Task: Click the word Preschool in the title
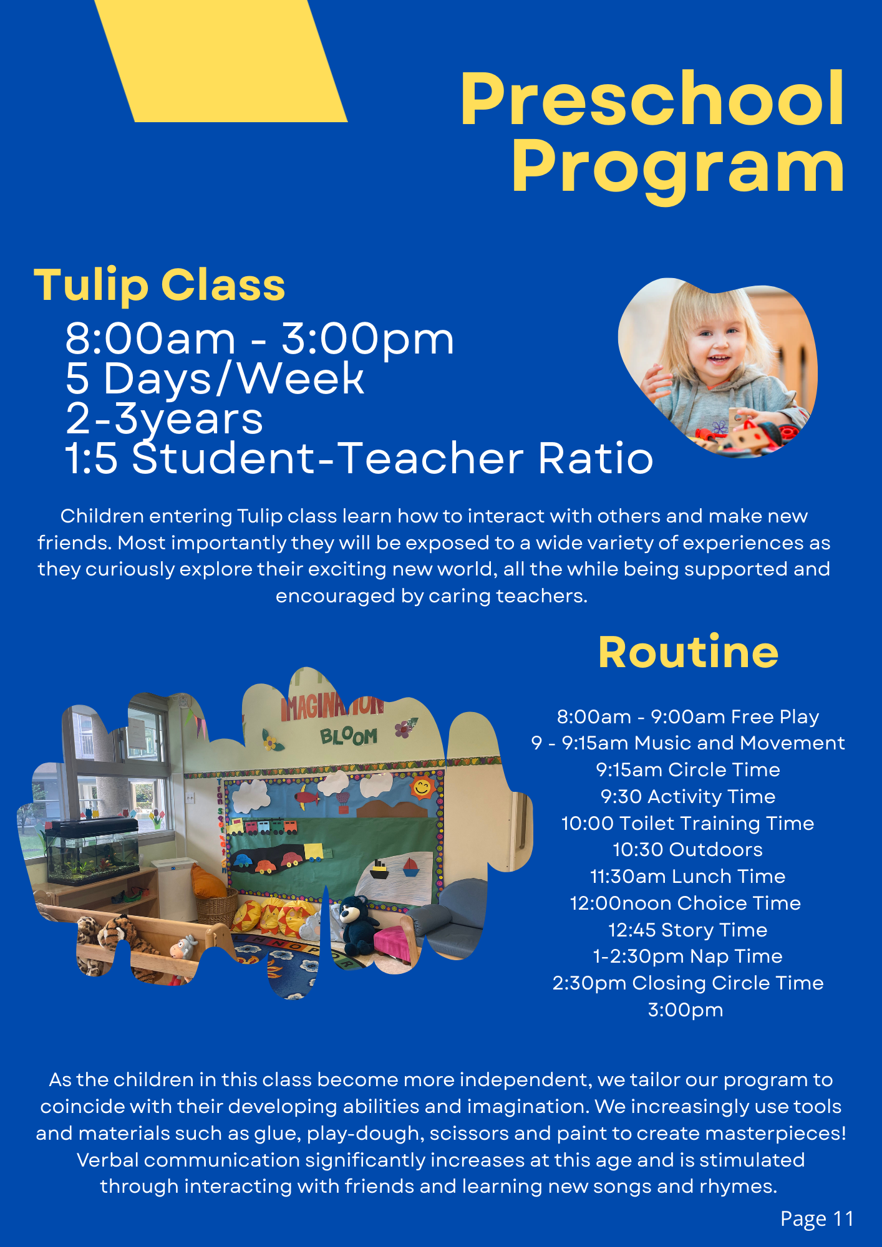tap(652, 99)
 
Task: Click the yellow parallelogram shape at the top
tap(221, 60)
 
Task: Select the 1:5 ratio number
tap(91, 458)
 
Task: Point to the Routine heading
tap(688, 652)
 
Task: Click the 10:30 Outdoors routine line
tap(687, 850)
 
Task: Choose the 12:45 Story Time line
tap(687, 930)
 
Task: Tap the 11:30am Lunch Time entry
tap(687, 876)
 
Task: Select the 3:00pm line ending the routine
tap(686, 1010)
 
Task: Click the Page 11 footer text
tap(817, 1219)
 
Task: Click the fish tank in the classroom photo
tap(92, 851)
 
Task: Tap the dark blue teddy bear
tap(357, 926)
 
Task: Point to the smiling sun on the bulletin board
tap(422, 787)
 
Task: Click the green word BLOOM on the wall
tap(349, 736)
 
